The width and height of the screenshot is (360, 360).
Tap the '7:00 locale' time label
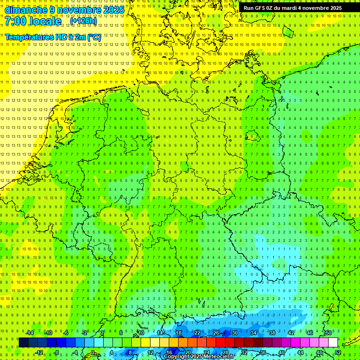(33, 21)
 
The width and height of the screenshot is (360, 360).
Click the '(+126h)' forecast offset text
(83, 21)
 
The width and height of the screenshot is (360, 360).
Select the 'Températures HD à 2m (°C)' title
(53, 37)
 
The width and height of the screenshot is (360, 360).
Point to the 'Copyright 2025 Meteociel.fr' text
(206, 357)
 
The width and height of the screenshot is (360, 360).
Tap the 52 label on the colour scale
(338, 352)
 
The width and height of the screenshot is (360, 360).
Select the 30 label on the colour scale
(234, 333)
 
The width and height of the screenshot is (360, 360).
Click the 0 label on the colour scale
(93, 352)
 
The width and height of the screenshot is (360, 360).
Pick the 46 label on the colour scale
(309, 333)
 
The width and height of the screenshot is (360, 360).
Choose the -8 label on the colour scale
(56, 352)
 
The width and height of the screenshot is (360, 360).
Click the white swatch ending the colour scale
(333, 343)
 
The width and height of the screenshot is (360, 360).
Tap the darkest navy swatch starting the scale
(23, 343)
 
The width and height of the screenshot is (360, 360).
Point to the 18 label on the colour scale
(178, 333)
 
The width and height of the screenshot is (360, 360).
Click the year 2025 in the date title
(113, 10)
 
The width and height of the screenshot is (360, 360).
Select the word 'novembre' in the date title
(79, 10)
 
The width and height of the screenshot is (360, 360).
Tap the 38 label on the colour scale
(272, 333)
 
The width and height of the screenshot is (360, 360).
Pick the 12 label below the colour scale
(150, 352)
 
